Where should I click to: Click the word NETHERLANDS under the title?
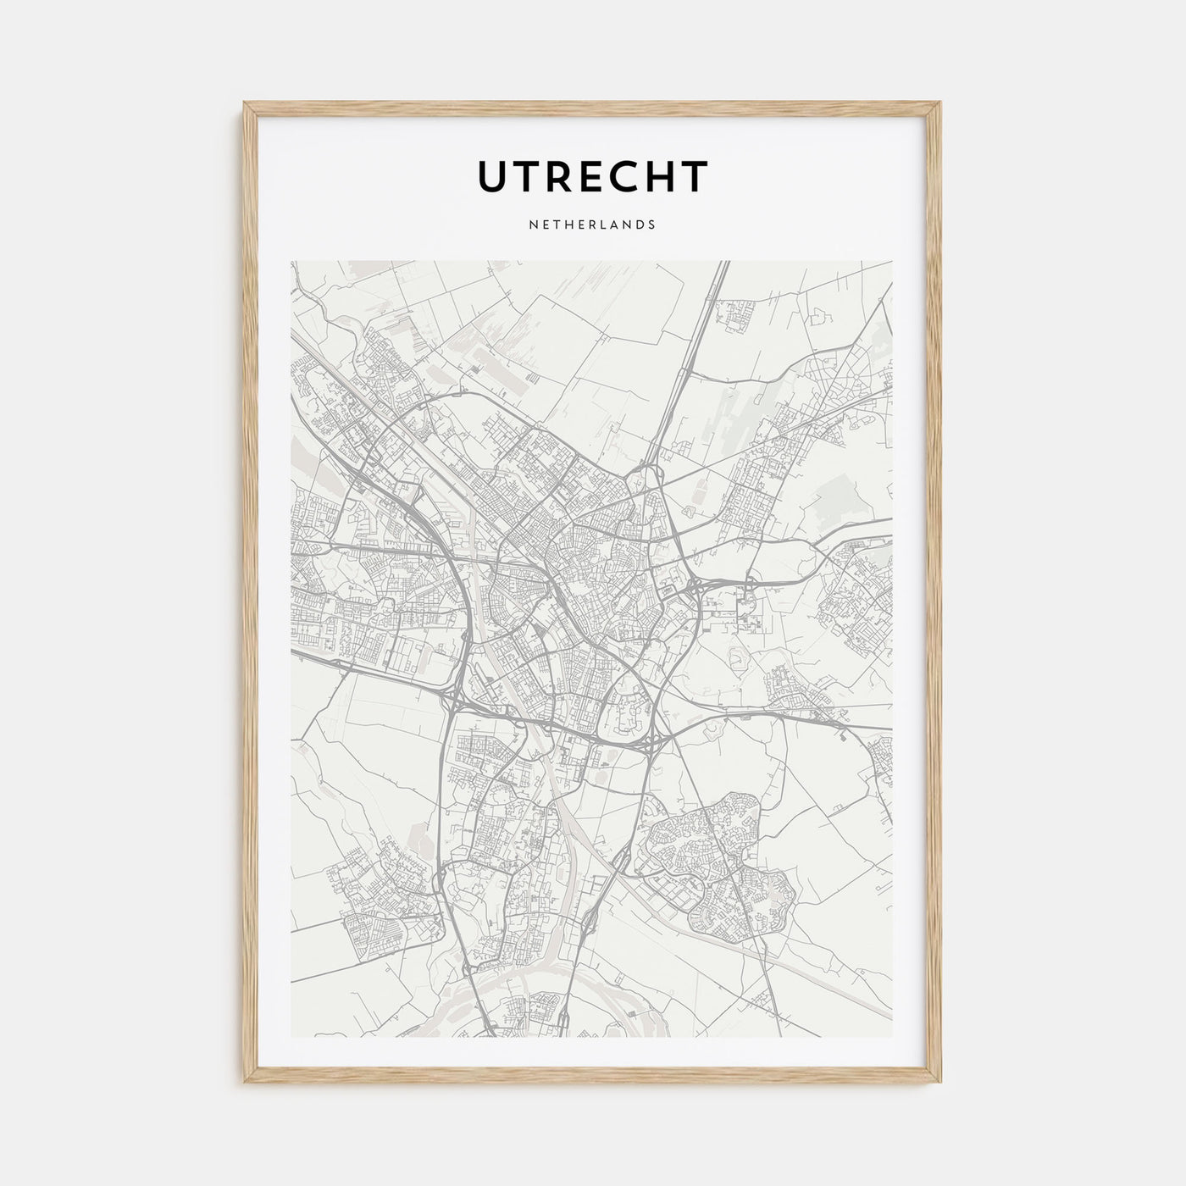[x=592, y=225]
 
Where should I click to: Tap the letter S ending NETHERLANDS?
[x=651, y=225]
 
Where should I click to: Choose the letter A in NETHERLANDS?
[x=617, y=225]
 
